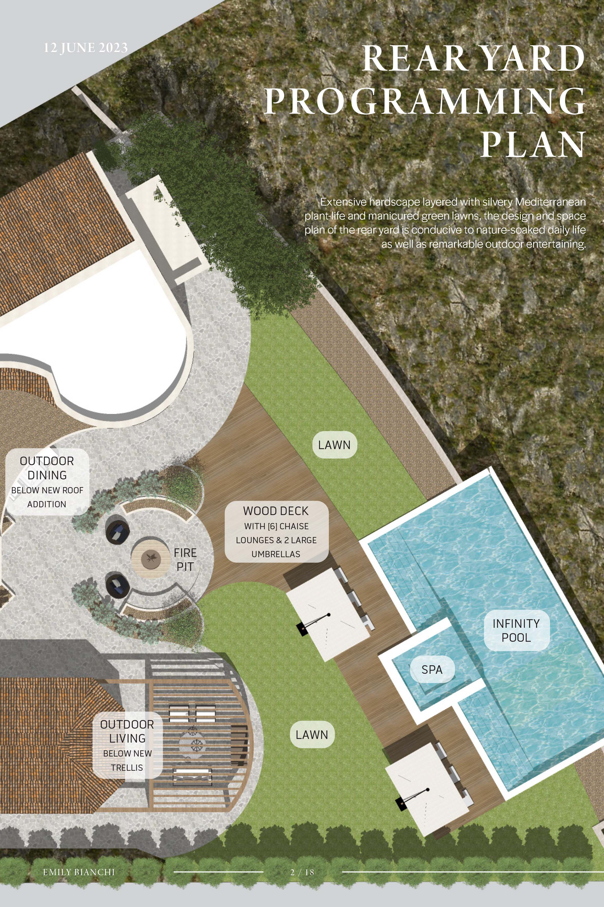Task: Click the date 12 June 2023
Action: click(x=85, y=48)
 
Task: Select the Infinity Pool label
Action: click(x=516, y=630)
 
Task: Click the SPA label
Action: click(x=432, y=670)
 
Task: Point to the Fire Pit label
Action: click(x=185, y=560)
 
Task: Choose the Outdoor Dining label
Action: click(x=47, y=482)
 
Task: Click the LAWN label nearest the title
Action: click(x=334, y=445)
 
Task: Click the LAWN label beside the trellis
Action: click(x=312, y=735)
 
